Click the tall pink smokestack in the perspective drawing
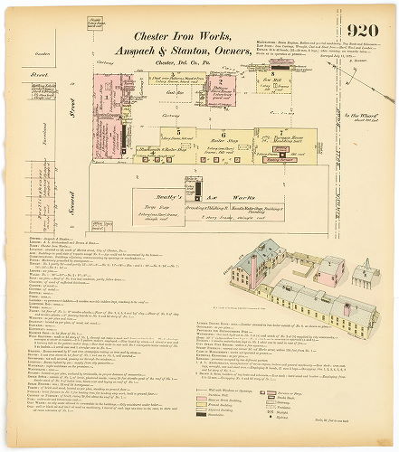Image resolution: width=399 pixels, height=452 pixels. point(254,270)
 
